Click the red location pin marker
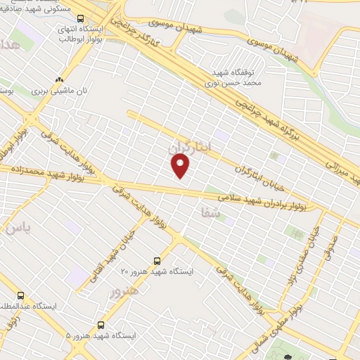click(x=181, y=165)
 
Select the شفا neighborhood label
click(x=210, y=211)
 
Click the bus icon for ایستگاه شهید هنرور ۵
click(x=101, y=325)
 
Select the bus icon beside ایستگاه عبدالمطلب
click(x=20, y=296)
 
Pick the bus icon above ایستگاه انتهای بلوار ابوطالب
click(x=80, y=18)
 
